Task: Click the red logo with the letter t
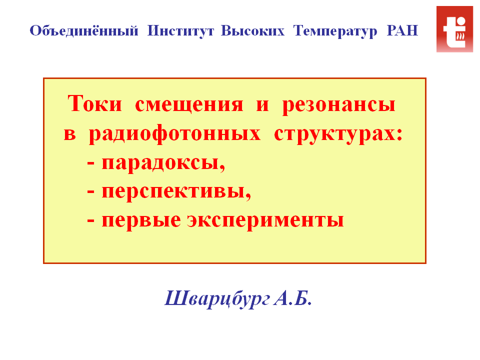coord(454,29)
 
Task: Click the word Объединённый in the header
coord(84,30)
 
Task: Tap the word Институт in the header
coord(180,31)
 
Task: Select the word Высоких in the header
coord(252,30)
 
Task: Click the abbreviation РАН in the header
coord(402,30)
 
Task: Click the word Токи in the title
coord(94,103)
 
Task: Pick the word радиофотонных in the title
coord(175,134)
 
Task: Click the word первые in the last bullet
coord(141,221)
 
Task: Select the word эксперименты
coord(265,221)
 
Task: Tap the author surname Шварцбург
coord(217,299)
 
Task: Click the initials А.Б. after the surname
coord(293,298)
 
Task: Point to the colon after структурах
coord(399,134)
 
